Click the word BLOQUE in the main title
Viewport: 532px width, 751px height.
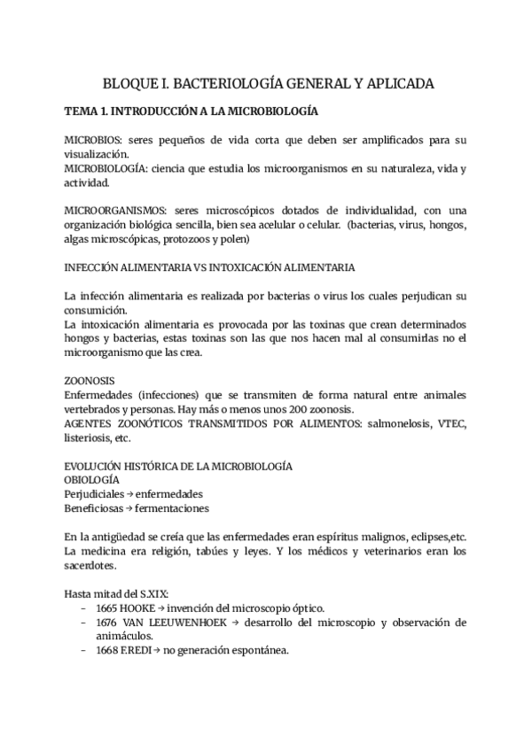click(130, 83)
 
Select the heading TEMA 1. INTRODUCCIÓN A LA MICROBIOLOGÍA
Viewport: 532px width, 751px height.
click(192, 113)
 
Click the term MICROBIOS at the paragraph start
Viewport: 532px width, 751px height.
click(92, 141)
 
